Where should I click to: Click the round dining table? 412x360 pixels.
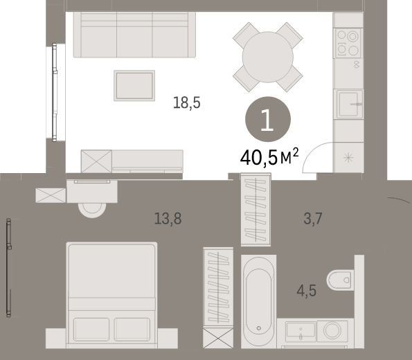pos(268,57)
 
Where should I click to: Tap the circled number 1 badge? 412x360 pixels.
pos(268,119)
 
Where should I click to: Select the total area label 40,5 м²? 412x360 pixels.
pos(269,157)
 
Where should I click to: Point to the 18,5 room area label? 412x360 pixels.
pos(187,102)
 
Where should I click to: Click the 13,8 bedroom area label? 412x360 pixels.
pos(168,219)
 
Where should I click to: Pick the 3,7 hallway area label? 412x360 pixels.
pos(313,219)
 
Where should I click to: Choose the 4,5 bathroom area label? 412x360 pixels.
pos(306,291)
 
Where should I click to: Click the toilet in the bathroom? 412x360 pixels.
pos(340,280)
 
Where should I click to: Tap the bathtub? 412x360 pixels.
pos(258,301)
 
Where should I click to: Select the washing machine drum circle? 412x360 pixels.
pos(332,330)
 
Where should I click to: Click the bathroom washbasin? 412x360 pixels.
pos(301,331)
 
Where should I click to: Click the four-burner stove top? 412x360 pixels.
pos(348,43)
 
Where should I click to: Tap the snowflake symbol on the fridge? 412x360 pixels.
pos(348,158)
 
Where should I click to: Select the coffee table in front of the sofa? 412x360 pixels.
pos(134,86)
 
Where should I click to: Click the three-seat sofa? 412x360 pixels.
pos(134,35)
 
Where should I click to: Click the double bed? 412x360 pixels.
pos(111,296)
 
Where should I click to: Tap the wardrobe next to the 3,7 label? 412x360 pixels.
pos(256,210)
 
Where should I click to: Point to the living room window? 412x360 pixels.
pos(55,92)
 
